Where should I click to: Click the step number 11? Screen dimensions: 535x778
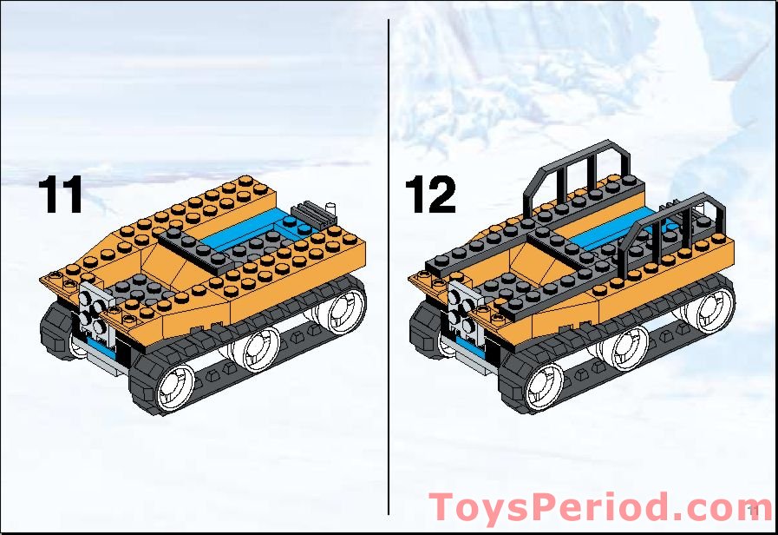(x=60, y=196)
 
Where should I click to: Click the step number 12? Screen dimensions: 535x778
(x=429, y=196)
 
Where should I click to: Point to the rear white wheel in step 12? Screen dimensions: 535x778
(x=717, y=307)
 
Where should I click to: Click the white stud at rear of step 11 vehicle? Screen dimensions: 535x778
(x=330, y=207)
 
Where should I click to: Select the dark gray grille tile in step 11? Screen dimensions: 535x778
(x=307, y=210)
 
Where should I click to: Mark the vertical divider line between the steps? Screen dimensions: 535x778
(x=388, y=261)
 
